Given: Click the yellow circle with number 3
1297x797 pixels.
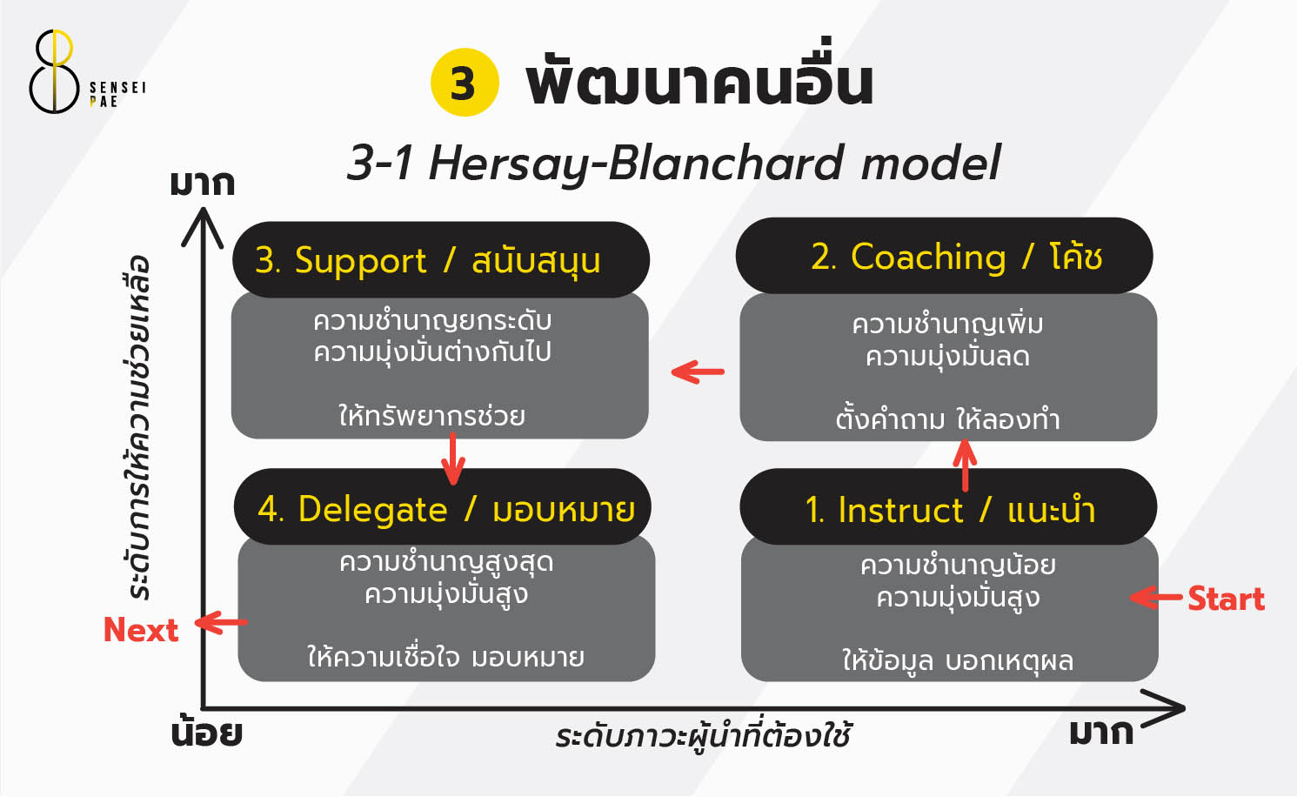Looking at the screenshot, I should [x=465, y=83].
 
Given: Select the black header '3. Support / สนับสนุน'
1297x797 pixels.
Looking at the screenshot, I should [x=440, y=260].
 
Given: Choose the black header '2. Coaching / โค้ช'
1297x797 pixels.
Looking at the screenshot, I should [x=944, y=257].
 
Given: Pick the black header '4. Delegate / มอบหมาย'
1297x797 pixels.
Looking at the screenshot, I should [x=444, y=508].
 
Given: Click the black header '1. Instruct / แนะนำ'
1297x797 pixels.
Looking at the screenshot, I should [x=947, y=509].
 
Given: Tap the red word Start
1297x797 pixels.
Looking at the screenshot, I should [x=1226, y=599].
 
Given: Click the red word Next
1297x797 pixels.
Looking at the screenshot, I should [x=140, y=629].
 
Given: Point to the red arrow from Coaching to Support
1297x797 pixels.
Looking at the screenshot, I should [x=698, y=372].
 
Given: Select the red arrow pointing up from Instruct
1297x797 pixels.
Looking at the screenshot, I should [x=965, y=465].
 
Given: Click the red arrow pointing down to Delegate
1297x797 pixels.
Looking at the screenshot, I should [x=452, y=458].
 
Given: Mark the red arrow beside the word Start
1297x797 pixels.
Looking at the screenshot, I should [x=1156, y=598].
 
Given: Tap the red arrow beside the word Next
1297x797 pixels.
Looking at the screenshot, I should [x=221, y=623].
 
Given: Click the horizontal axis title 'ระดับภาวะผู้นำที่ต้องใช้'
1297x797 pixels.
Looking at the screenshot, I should [x=703, y=736].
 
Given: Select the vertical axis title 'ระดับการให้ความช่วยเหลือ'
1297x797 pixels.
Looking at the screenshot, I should [x=139, y=427].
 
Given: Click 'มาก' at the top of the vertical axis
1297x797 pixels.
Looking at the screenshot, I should [x=202, y=184].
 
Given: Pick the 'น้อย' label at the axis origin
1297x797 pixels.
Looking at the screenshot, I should [x=206, y=733].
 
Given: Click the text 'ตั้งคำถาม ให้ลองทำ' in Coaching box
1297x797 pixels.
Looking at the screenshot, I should [x=947, y=419].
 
